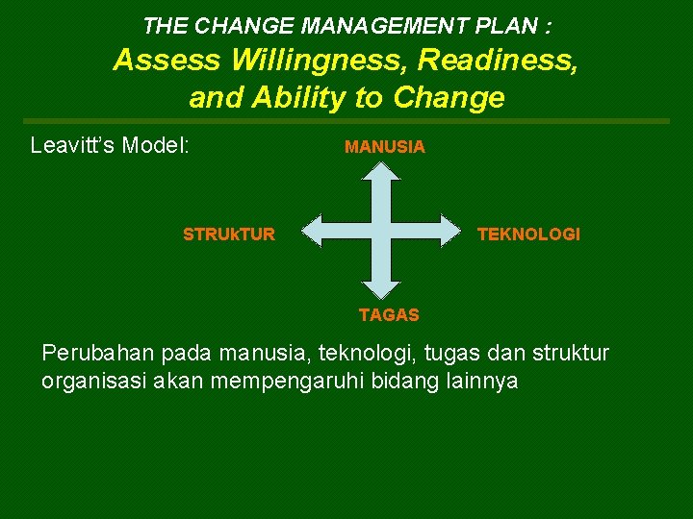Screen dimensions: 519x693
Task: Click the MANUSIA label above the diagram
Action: point(384,147)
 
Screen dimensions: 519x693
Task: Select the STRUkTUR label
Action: point(229,234)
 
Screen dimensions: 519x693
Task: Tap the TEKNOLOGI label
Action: point(528,234)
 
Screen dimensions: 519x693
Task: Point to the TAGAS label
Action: point(389,314)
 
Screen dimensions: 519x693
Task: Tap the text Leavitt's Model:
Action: point(110,146)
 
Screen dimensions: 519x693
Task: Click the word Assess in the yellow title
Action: point(167,61)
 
